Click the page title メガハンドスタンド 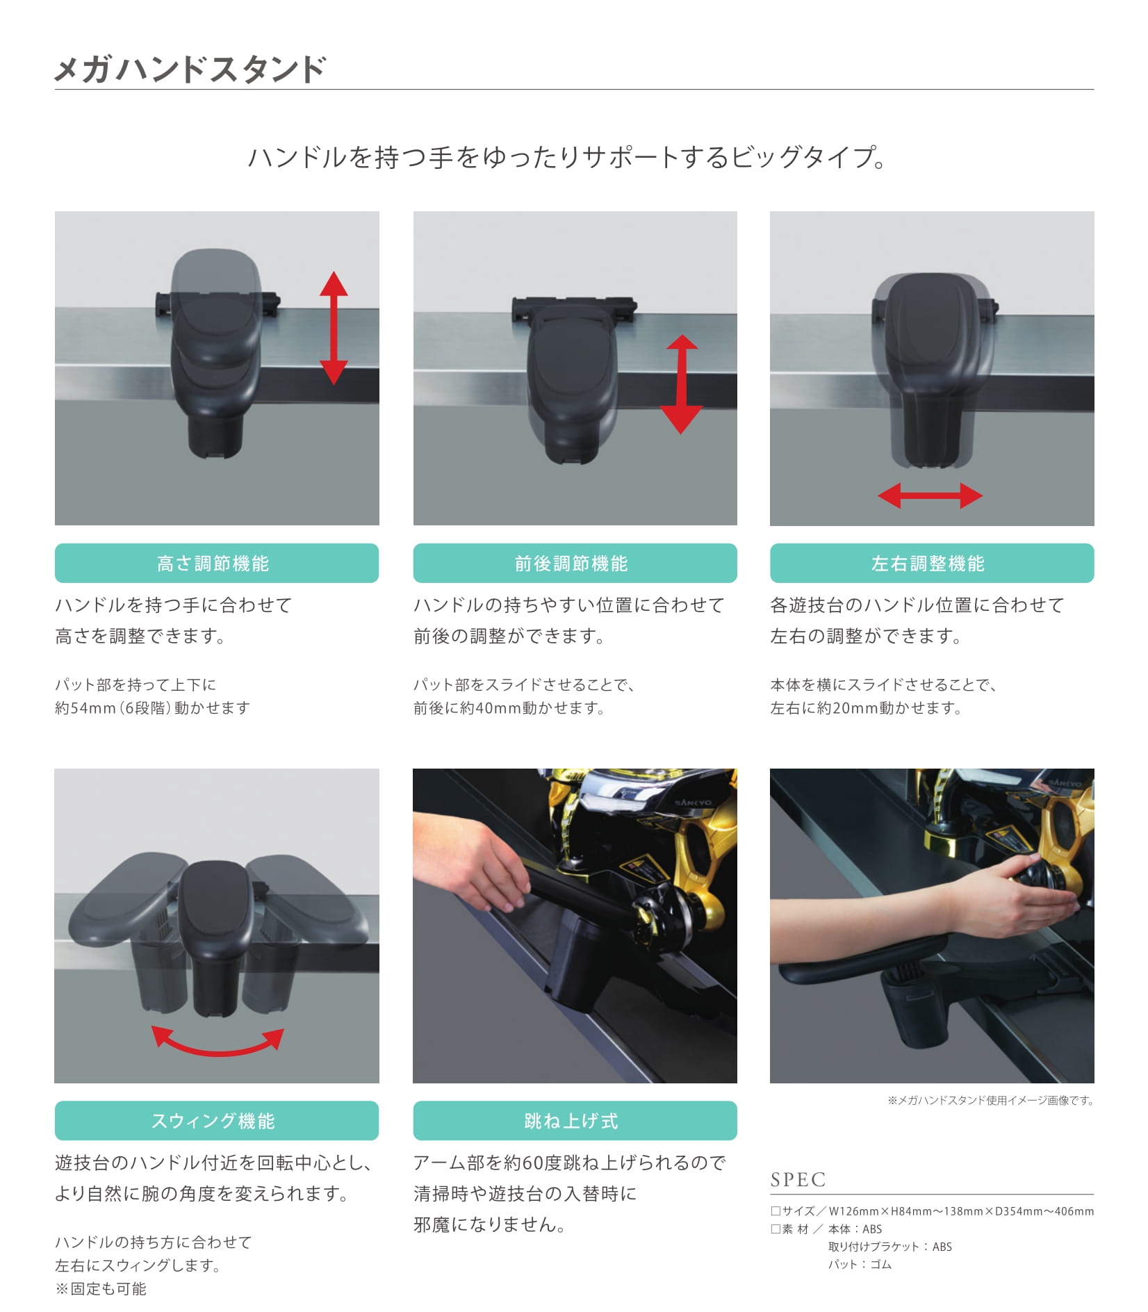190,69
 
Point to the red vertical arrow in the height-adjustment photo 334,328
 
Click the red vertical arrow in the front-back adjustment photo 681,384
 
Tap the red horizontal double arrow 930,495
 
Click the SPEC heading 798,1179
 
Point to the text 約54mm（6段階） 114,708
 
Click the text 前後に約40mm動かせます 509,708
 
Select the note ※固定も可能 101,1288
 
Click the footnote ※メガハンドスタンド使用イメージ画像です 990,1100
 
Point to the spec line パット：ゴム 860,1264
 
